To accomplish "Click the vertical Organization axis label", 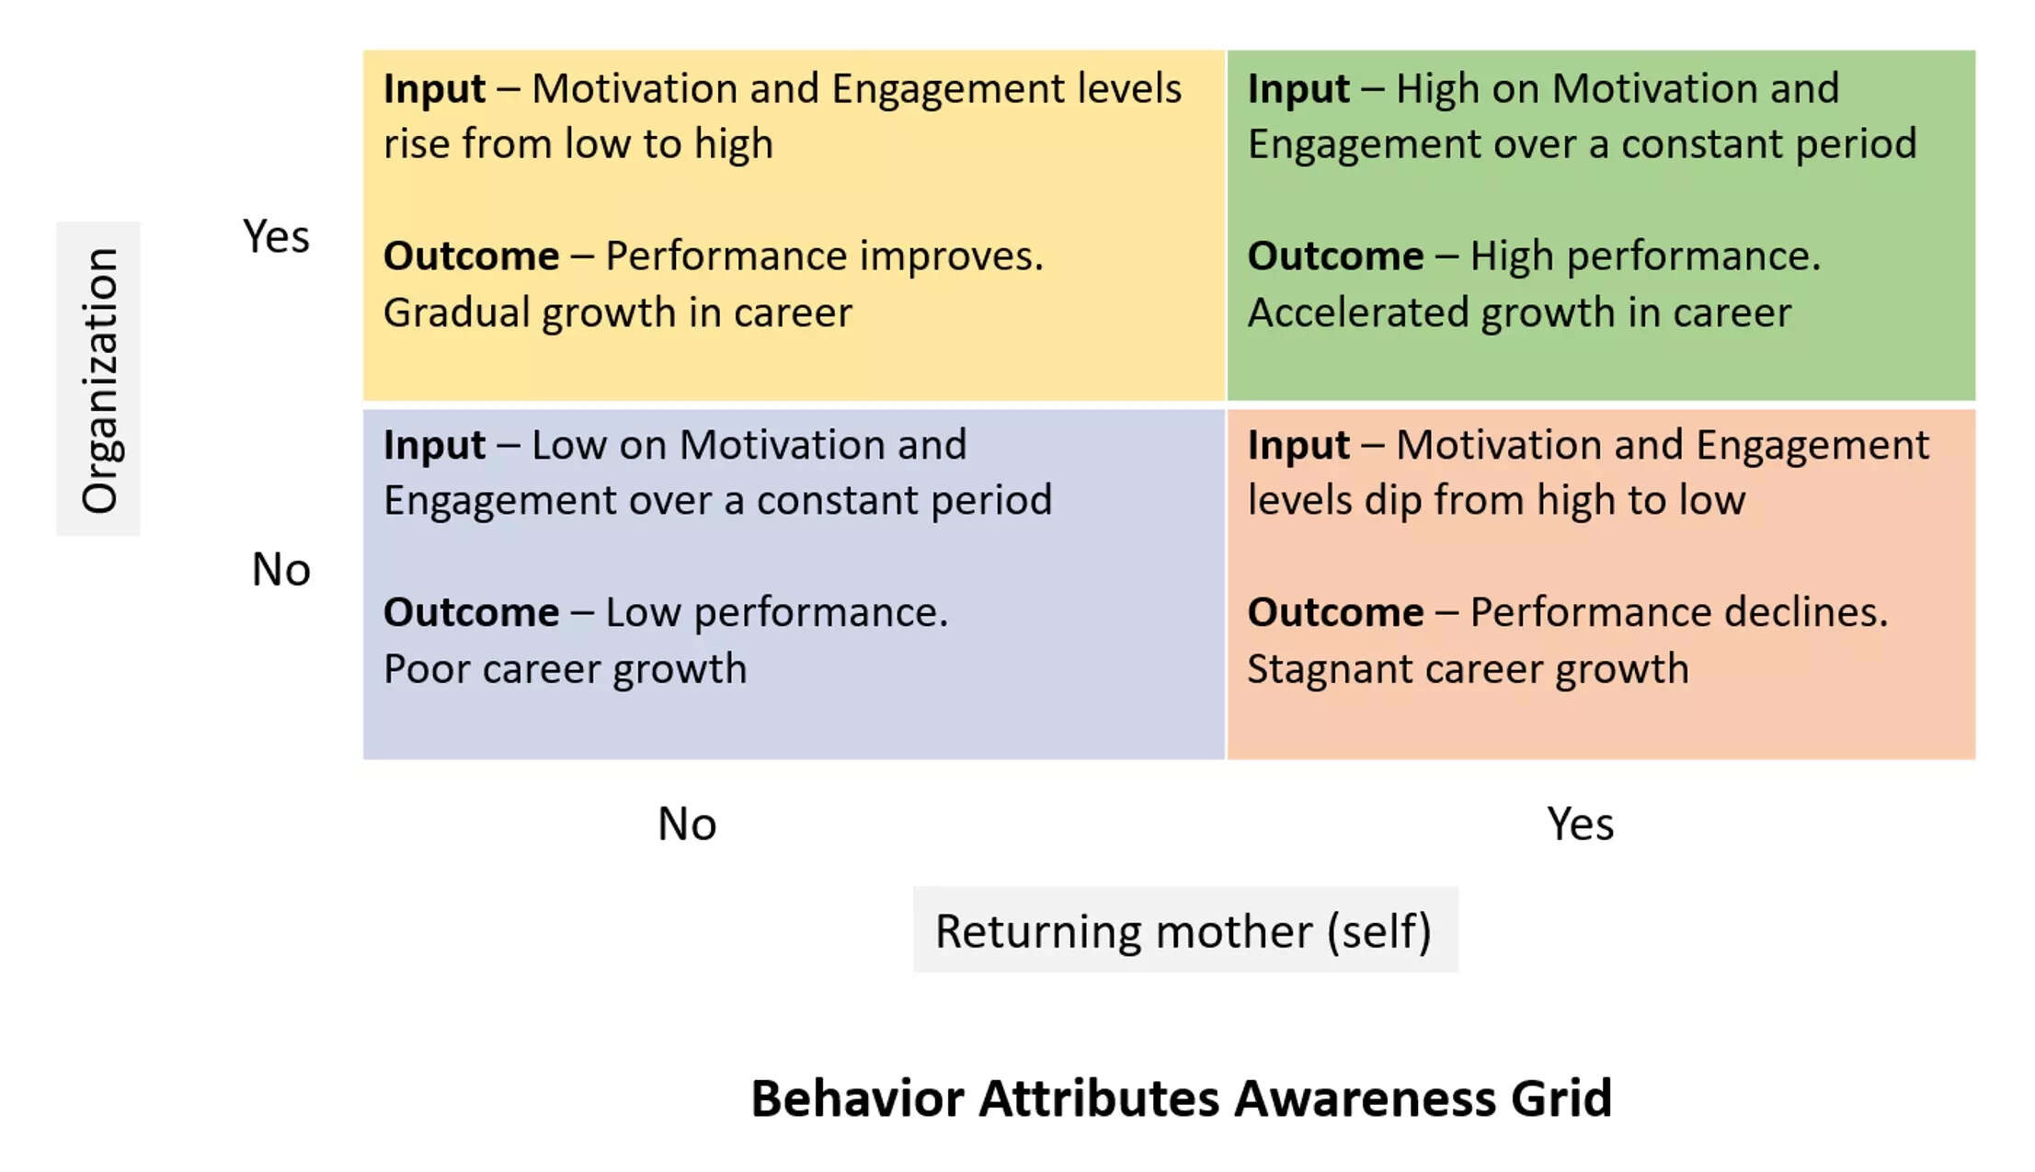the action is (100, 380).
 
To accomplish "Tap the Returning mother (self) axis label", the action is (1183, 931).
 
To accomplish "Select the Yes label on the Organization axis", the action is (276, 236).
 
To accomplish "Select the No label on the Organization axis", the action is (280, 569).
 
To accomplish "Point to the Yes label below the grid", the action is (1580, 824).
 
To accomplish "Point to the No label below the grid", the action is (687, 824).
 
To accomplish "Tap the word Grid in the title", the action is (1561, 1098).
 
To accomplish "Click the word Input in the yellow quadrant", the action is (434, 89).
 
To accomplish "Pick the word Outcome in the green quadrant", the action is (1335, 256).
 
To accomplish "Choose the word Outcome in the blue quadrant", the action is (471, 612).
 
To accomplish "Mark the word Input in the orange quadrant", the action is (1298, 445).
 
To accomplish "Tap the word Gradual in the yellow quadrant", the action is (456, 313).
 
